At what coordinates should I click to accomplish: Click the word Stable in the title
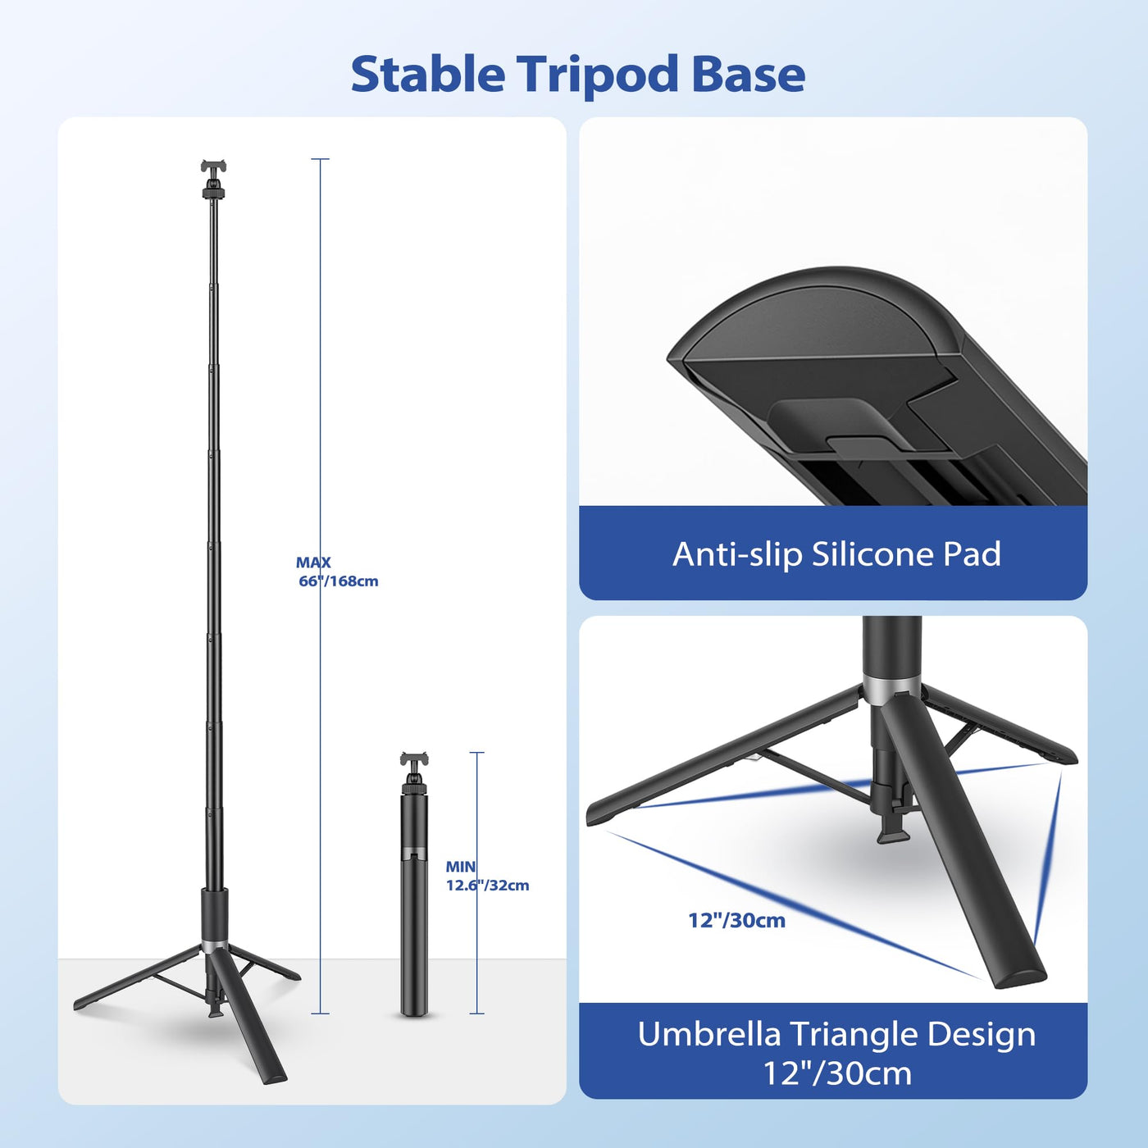pos(428,75)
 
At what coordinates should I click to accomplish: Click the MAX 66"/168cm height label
pos(337,572)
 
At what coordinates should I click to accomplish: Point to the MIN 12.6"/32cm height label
pos(487,876)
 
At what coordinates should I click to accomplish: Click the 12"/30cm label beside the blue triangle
pos(737,920)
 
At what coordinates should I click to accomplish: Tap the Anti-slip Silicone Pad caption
pos(836,554)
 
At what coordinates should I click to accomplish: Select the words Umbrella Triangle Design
pos(836,1034)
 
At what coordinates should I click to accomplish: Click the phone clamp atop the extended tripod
pos(213,166)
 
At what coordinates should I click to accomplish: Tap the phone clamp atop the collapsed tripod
pos(414,759)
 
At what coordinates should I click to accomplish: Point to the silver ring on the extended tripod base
pos(214,946)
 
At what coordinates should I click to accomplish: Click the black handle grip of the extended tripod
pos(214,913)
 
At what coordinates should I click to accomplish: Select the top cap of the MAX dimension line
pos(320,159)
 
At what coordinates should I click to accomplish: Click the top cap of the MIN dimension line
pos(476,753)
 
